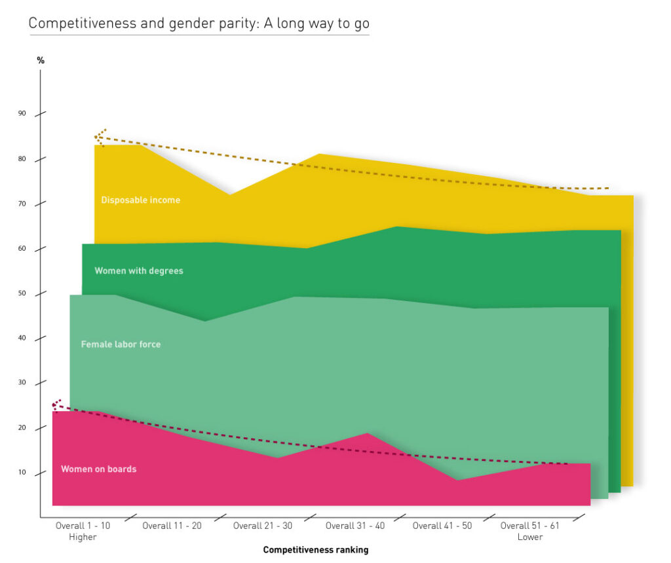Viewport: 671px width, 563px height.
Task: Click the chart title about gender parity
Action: click(199, 24)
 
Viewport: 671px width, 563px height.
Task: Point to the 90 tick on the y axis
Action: click(22, 114)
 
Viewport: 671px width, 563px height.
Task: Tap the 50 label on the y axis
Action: click(22, 294)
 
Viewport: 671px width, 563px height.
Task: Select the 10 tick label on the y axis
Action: click(22, 473)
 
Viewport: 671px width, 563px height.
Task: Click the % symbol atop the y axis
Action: click(41, 60)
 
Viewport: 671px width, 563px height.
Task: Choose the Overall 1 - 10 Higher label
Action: click(83, 531)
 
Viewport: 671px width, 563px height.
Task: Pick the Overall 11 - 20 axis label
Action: click(172, 526)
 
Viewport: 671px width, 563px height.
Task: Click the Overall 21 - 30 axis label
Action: click(263, 526)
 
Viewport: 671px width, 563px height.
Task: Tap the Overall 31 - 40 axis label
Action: click(355, 526)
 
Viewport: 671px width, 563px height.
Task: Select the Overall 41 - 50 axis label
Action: click(442, 526)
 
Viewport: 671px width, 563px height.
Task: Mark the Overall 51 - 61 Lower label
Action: click(529, 531)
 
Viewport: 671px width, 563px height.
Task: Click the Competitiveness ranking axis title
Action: click(316, 550)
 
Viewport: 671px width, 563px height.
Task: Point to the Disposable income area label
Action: click(140, 200)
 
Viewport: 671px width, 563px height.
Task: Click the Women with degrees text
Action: click(139, 270)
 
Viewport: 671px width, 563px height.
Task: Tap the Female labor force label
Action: click(121, 344)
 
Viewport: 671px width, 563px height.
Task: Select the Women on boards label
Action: click(98, 469)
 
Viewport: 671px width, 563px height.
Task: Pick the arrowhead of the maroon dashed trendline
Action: click(54, 405)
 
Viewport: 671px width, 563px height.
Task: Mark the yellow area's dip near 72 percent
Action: click(229, 194)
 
